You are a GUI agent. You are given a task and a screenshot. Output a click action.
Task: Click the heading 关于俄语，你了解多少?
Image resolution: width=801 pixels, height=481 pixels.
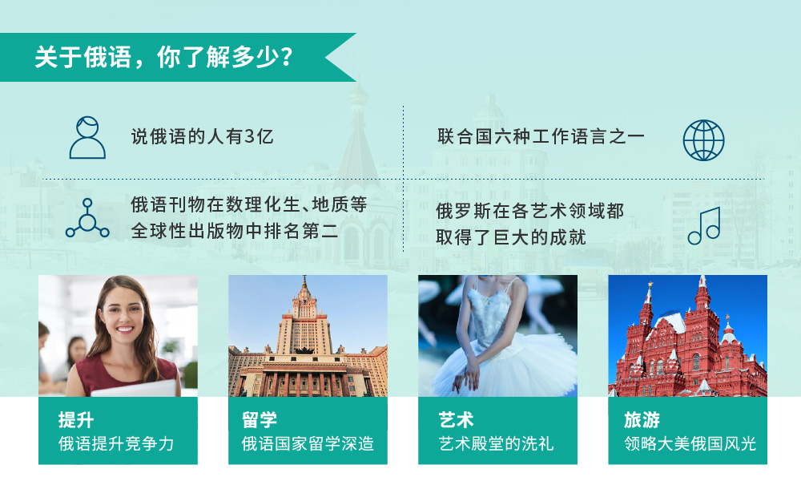tap(164, 57)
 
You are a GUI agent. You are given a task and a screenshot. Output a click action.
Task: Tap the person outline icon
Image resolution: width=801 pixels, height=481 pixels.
tap(87, 138)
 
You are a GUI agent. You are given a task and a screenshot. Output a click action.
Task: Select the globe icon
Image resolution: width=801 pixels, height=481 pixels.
tap(703, 140)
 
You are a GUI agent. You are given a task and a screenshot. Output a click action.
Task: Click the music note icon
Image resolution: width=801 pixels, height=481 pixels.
tap(704, 226)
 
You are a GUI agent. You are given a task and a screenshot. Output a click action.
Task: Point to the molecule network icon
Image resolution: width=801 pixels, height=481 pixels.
tap(87, 218)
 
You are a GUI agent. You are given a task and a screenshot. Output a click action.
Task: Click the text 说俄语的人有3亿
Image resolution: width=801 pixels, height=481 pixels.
tap(203, 136)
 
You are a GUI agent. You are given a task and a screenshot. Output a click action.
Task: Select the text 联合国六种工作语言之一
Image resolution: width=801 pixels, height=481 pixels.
tap(541, 136)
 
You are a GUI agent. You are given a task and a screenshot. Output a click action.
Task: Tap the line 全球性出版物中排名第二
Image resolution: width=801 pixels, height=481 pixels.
tap(235, 231)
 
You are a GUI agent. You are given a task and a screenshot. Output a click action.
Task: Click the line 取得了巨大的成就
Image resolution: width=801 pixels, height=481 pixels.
tap(511, 237)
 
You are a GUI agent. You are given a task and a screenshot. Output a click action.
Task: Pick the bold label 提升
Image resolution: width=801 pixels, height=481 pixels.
tap(76, 420)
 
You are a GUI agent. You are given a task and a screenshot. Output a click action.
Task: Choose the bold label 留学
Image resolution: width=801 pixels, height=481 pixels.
tap(260, 420)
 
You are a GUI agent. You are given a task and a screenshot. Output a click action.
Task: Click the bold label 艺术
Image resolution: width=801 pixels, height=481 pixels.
tap(457, 420)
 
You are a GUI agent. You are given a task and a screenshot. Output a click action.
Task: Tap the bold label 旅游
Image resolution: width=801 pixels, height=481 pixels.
tap(642, 420)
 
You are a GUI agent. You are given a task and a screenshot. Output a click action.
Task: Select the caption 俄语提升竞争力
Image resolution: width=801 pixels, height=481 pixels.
tap(116, 443)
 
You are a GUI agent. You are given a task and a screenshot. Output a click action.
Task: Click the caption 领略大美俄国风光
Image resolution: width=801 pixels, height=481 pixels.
tap(690, 443)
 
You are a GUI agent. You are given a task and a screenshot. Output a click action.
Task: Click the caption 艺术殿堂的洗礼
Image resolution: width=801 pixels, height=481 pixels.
tap(496, 443)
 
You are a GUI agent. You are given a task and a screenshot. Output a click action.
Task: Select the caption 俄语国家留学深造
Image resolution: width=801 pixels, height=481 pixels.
tap(308, 443)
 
